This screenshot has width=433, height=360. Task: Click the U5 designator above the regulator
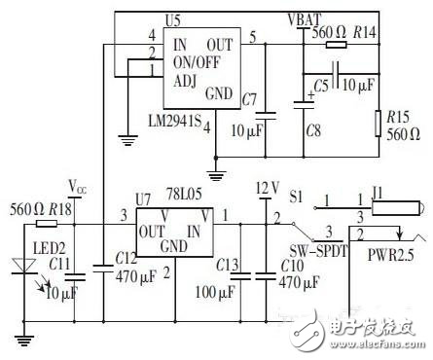click(173, 20)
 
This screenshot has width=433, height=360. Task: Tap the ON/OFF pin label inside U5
click(195, 60)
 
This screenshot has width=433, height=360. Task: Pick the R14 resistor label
click(364, 33)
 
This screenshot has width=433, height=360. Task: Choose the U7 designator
click(144, 198)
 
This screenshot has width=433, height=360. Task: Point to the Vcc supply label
click(78, 184)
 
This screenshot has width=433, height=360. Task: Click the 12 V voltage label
click(266, 187)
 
